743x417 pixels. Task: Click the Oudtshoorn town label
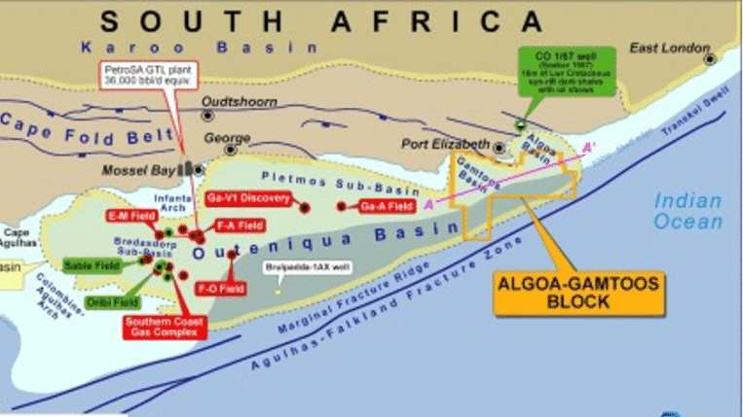point(239,100)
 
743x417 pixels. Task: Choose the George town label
point(228,139)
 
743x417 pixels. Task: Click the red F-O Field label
point(220,288)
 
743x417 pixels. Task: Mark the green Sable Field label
point(91,264)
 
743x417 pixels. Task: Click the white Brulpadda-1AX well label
point(307,266)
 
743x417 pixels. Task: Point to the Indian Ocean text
point(687,211)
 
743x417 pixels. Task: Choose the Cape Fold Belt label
point(83,121)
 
